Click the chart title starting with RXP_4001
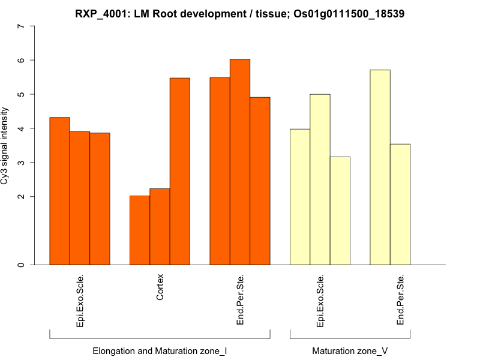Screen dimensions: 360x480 point(240,13)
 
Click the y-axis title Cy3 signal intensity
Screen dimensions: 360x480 point(5,146)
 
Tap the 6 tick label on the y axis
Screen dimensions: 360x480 point(22,61)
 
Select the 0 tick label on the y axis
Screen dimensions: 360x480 point(22,265)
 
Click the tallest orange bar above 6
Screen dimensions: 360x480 point(240,162)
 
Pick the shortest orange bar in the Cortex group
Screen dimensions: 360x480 point(140,230)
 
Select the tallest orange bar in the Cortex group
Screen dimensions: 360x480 point(180,171)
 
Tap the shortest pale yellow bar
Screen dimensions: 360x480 point(340,211)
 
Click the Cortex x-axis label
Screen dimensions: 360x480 point(160,287)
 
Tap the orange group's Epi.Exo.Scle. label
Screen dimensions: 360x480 point(80,300)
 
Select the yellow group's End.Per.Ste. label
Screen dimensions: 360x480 point(400,300)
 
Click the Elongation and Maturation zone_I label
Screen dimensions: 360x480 point(160,350)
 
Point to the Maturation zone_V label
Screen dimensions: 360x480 point(350,350)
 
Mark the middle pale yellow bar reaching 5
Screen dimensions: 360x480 point(320,179)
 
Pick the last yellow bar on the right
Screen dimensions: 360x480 point(400,204)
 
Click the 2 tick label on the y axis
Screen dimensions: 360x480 point(22,197)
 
